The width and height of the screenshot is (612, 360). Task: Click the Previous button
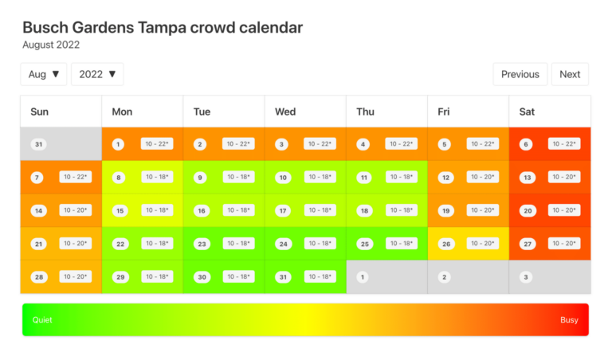coord(520,74)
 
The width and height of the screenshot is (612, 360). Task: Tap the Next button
coord(570,74)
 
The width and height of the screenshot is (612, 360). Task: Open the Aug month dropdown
coord(44,74)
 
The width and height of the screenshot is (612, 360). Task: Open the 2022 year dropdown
coord(97,74)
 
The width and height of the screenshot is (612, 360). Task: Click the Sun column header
coord(39,112)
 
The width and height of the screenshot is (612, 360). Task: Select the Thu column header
coord(365,112)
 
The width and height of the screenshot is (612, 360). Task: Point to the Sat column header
coord(527,112)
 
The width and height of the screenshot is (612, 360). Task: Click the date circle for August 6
coord(526,144)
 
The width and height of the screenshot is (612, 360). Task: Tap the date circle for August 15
coord(120,211)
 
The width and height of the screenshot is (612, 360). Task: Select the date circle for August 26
coord(445,244)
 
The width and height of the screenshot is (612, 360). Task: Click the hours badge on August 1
coord(157,143)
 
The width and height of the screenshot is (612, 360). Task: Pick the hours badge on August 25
coord(402,243)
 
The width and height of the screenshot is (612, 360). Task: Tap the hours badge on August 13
coord(564,177)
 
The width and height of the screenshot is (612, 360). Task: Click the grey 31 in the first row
coord(38,144)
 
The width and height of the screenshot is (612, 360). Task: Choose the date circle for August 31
coord(282,277)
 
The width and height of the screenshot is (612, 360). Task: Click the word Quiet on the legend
coord(42,319)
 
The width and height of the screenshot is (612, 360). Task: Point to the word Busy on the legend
coord(569,319)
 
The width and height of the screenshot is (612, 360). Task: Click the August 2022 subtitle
coord(51,45)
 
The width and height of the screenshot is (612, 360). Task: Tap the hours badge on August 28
coord(76,276)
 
